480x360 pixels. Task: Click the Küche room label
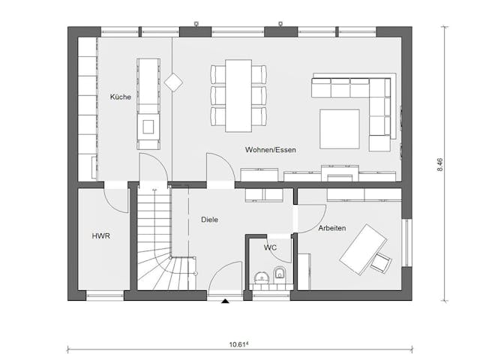120,97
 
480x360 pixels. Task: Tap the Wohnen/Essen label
270,150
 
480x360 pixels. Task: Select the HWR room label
100,236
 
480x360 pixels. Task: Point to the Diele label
209,220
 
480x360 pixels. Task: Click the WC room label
269,247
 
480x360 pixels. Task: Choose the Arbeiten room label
331,227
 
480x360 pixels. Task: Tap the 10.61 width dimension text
240,346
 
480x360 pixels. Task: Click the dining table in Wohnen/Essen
238,94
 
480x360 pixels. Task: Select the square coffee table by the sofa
339,129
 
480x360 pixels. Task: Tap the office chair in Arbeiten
381,262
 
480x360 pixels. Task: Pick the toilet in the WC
279,274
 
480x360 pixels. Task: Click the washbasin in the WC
261,276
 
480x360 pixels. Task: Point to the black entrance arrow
225,301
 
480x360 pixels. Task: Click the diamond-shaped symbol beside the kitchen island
174,82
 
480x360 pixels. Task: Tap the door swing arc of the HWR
117,200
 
